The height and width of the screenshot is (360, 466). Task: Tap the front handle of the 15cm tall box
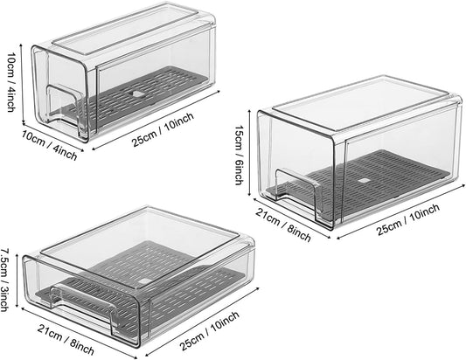[x=293, y=184]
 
